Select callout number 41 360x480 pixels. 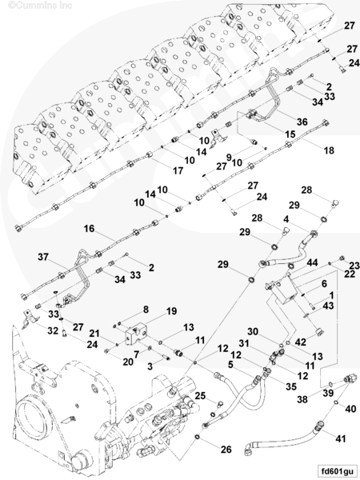click(341, 439)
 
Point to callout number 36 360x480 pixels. click(302, 122)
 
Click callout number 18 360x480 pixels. click(329, 150)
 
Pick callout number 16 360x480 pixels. click(89, 229)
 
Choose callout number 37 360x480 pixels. click(43, 257)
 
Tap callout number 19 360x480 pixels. click(171, 311)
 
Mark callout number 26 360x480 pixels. click(226, 450)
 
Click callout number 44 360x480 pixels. click(312, 262)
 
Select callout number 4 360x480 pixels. click(286, 219)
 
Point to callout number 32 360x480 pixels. click(53, 330)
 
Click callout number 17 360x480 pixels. click(178, 170)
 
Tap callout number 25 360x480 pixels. click(200, 396)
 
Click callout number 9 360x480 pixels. click(228, 158)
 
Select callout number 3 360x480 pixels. click(150, 366)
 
